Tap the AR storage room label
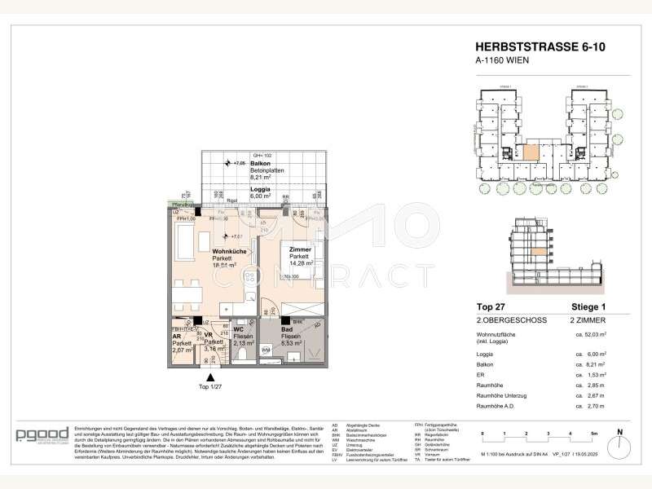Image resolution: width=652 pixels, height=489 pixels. point(176,335)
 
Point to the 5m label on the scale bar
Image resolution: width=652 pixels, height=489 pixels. point(593,434)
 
